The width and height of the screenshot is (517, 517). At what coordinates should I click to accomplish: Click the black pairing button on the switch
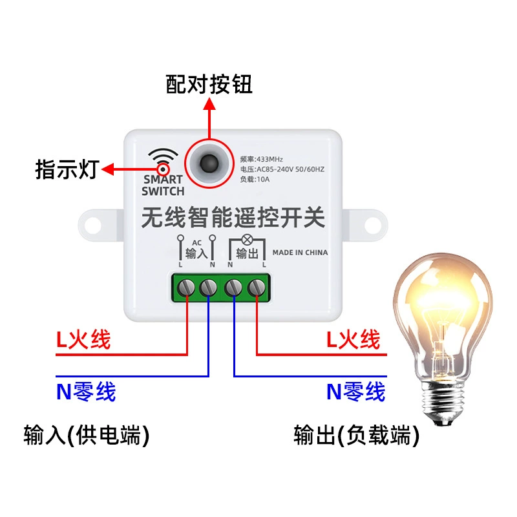coord(209,164)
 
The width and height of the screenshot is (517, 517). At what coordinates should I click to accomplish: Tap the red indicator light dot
coord(163,170)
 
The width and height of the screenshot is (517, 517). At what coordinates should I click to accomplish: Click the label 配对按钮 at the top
coord(209,84)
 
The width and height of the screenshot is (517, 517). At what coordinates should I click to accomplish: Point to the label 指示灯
coord(67,169)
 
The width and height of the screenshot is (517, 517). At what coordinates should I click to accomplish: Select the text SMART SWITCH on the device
coord(163,185)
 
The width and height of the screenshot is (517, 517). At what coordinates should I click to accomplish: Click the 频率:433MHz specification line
coord(262,159)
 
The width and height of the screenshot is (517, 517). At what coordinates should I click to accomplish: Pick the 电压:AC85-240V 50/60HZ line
coord(282,169)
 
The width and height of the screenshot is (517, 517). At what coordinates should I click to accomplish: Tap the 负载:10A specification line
coord(255,179)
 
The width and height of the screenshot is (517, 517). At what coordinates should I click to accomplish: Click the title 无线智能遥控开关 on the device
coord(233,217)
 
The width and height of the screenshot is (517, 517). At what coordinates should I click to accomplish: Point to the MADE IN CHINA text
coord(300,253)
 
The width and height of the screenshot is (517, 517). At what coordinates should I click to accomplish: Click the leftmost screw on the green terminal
coord(186,287)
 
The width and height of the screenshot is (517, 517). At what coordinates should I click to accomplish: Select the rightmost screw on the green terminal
coord(257,287)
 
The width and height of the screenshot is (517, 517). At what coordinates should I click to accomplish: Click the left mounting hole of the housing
coord(93,225)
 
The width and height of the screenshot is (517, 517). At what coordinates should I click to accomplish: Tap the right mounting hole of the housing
coord(373,225)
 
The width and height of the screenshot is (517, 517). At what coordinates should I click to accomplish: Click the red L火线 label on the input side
coord(83,339)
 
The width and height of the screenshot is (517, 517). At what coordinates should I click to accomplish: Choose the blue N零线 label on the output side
coord(356,392)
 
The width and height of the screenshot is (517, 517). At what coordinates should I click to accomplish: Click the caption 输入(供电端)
coord(87,435)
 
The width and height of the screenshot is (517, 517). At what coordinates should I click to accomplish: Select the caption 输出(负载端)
coord(357,435)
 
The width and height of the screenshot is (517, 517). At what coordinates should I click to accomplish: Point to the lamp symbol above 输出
coord(247,240)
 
